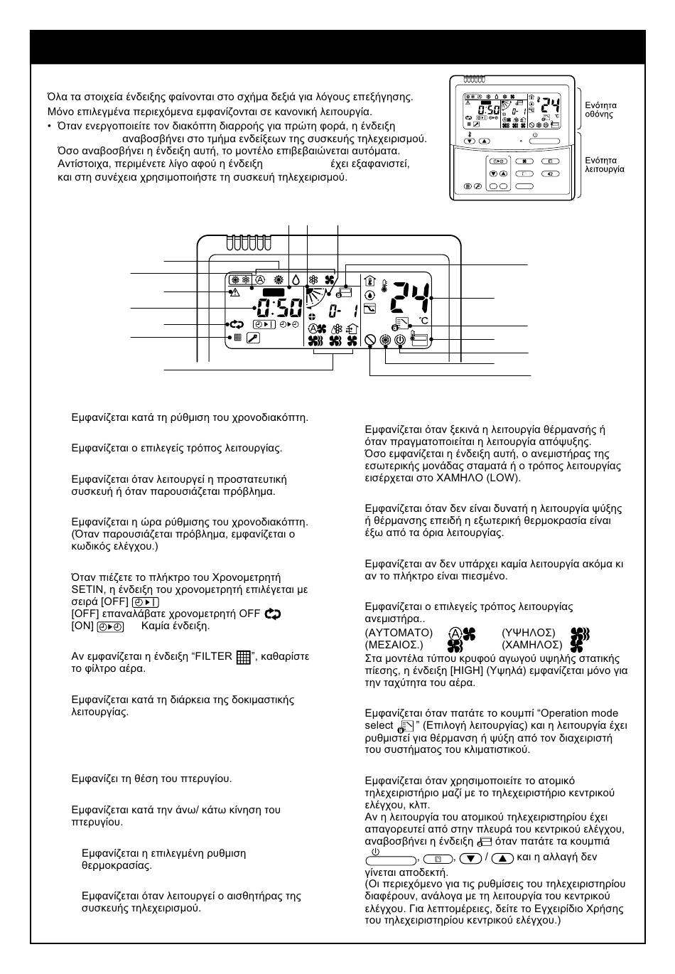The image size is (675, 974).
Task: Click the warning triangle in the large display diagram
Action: [x=234, y=292]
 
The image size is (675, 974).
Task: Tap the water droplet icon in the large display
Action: [x=295, y=280]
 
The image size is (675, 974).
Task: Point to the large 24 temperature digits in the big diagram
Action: [x=410, y=298]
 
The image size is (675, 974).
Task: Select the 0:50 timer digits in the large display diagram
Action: [x=279, y=308]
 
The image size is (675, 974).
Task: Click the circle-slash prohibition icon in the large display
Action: [x=369, y=341]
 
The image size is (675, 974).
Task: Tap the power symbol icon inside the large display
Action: [x=401, y=341]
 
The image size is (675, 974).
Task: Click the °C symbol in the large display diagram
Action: [x=423, y=321]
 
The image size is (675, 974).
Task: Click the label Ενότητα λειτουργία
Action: [x=604, y=165]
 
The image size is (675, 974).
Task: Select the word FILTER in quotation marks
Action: [x=215, y=656]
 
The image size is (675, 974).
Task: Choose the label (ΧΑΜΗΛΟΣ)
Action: [x=531, y=645]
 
